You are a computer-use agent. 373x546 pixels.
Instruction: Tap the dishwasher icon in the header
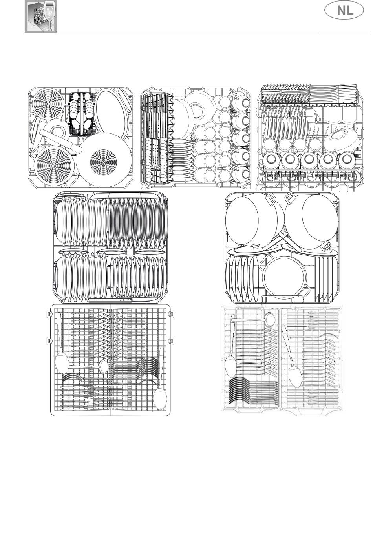point(41,16)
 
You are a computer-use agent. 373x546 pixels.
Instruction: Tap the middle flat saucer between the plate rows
point(111,252)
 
